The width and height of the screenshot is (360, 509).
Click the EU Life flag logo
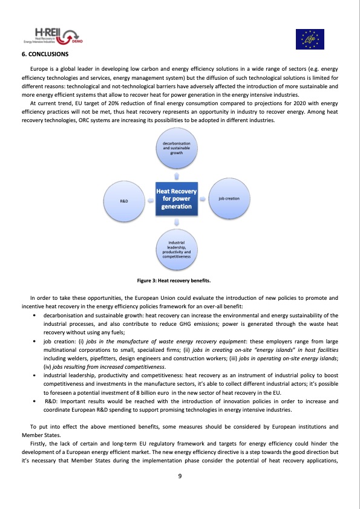tap(309, 39)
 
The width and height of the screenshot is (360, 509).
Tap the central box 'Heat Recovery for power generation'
tap(175, 198)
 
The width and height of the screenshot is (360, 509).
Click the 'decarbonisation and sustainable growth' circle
tap(176, 149)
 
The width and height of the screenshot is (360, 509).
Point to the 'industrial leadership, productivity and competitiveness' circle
tap(176, 249)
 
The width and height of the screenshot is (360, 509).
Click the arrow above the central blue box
tap(176, 175)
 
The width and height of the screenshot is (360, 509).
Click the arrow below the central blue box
tap(176, 222)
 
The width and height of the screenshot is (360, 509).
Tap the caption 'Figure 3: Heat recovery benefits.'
tap(175, 280)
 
